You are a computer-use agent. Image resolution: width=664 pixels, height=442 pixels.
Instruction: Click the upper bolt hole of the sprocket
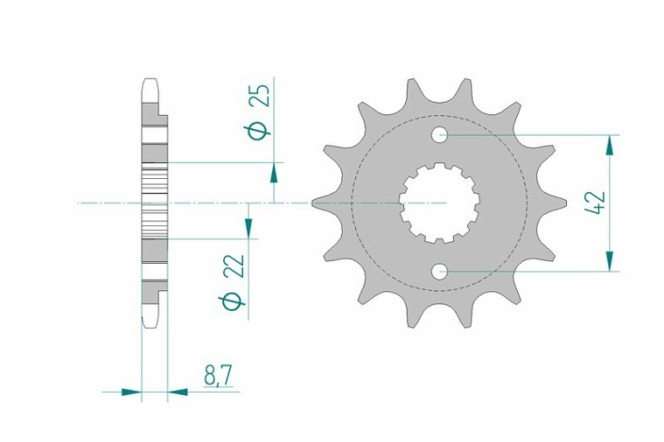pyautogui.click(x=440, y=135)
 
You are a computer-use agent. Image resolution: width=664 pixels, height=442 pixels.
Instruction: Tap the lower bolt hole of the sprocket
pyautogui.click(x=440, y=272)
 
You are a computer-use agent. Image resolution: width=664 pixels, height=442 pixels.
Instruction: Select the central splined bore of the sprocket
pyautogui.click(x=439, y=203)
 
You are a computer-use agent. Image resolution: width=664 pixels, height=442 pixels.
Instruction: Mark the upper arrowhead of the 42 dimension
pyautogui.click(x=610, y=144)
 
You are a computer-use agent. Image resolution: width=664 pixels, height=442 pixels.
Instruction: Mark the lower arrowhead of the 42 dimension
pyautogui.click(x=610, y=263)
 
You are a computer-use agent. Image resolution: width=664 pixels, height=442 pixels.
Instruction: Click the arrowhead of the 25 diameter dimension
pyautogui.click(x=274, y=172)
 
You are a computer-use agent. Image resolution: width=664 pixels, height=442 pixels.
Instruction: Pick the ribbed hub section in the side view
pyautogui.click(x=154, y=203)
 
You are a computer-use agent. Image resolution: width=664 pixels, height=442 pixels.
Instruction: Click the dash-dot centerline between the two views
pyautogui.click(x=235, y=203)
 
